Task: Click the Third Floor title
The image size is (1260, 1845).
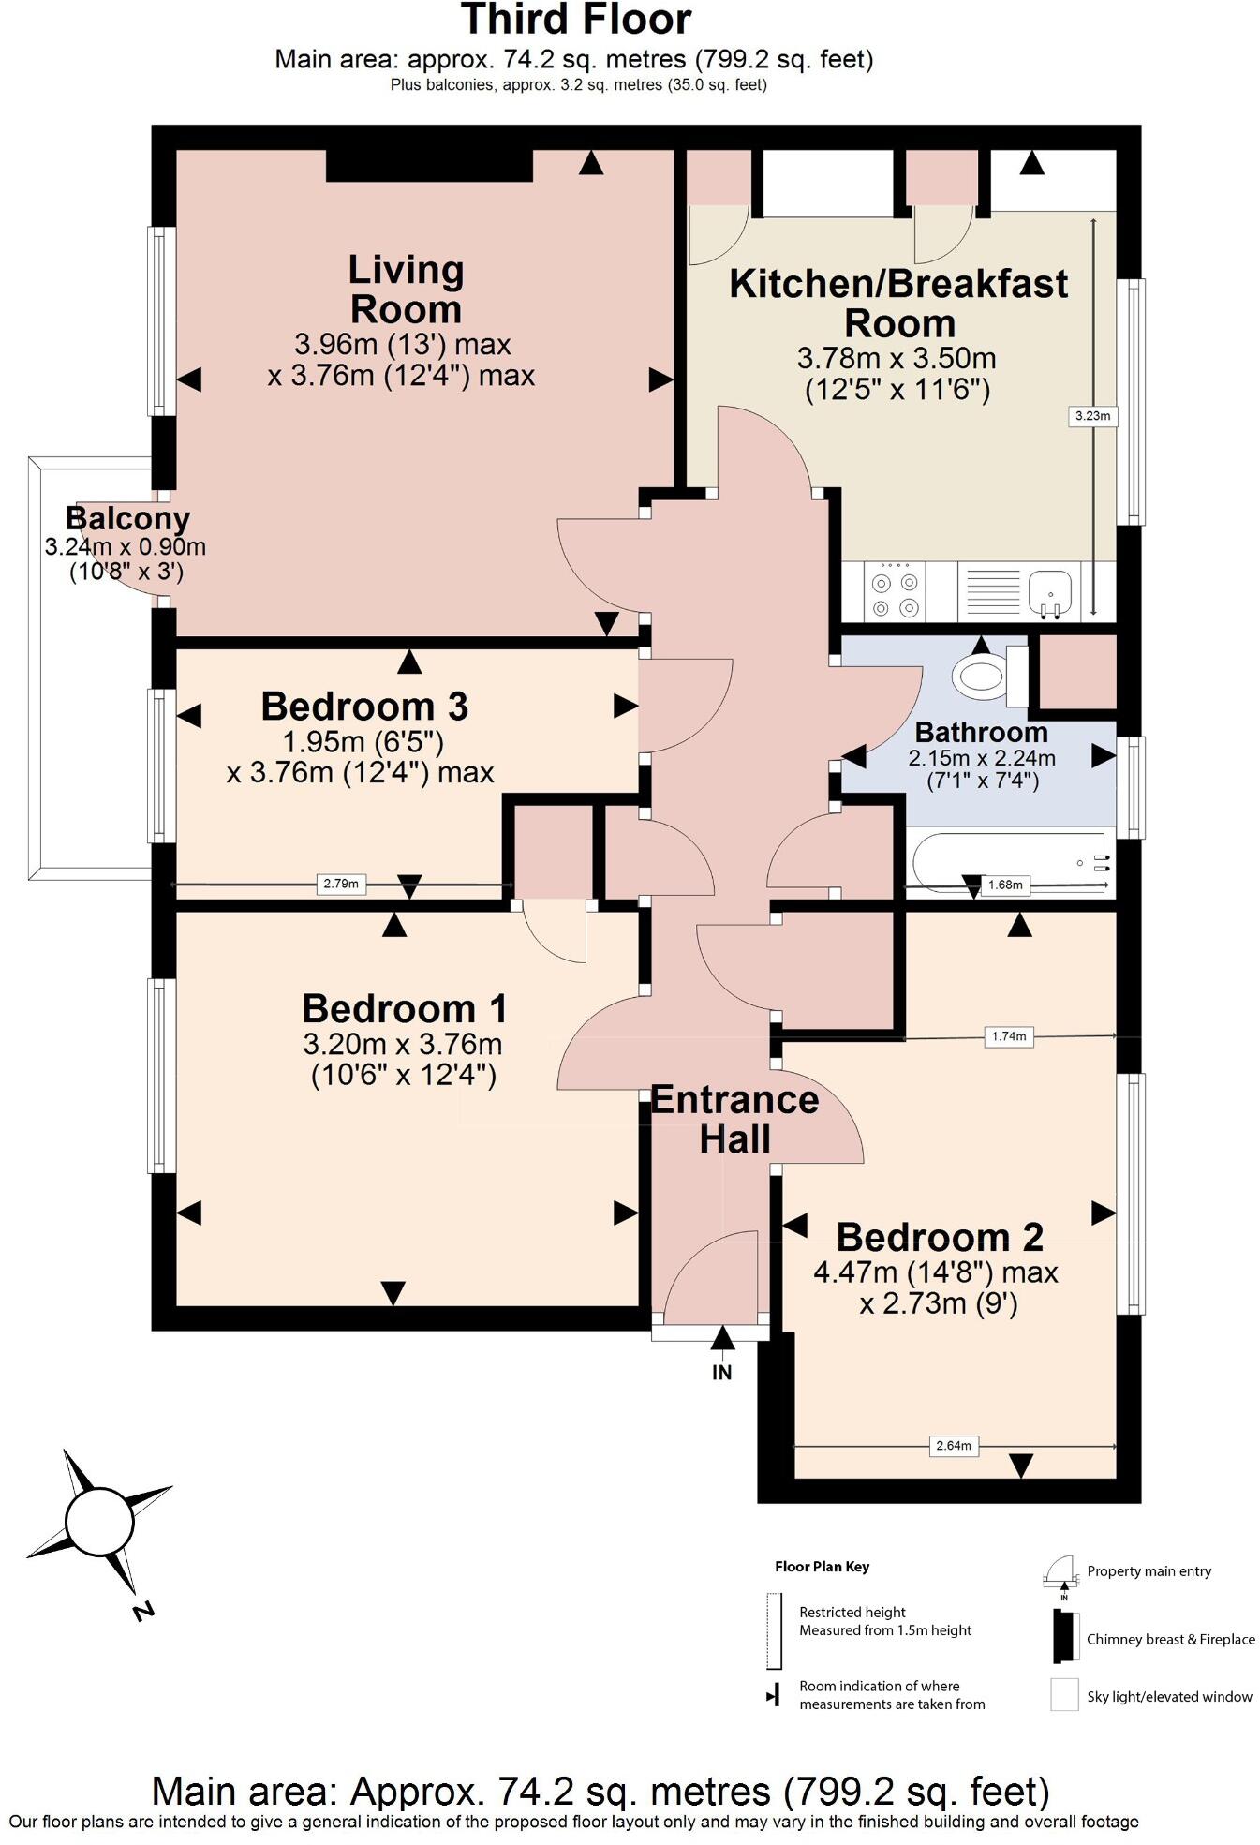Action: coord(576,21)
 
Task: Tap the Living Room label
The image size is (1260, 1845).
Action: coord(406,290)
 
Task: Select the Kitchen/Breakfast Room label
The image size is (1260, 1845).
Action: coord(898,303)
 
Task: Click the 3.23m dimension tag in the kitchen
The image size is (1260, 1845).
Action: coord(1093,416)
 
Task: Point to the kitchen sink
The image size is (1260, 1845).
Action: coord(1051,591)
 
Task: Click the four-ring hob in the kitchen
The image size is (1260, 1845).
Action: coord(894,592)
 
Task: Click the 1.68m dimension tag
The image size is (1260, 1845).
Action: coord(1006,885)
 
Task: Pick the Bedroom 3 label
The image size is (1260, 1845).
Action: coord(364,707)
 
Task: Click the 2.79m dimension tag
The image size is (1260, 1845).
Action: coord(341,884)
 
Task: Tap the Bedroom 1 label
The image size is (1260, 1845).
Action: coord(404,1009)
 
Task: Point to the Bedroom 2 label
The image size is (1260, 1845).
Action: coord(939,1238)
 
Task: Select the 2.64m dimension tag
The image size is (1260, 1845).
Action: coord(954,1446)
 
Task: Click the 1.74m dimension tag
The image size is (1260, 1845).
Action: coord(1009,1036)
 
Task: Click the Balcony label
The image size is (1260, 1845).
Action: coord(128,518)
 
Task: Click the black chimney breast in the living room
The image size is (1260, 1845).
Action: coord(429,166)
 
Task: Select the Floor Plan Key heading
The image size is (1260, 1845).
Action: coord(822,1567)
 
